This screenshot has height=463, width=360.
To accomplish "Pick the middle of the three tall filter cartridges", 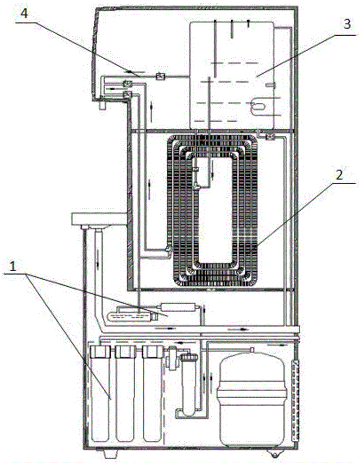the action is click(125, 398).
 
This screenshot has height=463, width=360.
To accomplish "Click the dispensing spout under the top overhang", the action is click(102, 106).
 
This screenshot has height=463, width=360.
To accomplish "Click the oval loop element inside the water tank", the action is click(258, 106).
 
